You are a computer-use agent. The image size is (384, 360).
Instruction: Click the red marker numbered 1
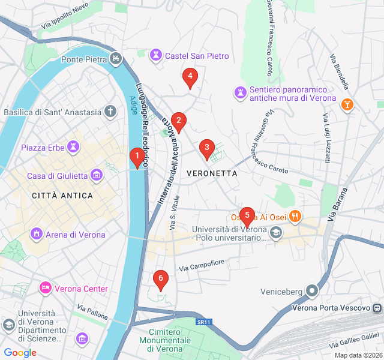click(137, 158)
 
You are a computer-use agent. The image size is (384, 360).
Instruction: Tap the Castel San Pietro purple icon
click(157, 56)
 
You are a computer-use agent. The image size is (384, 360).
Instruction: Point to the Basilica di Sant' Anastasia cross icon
click(110, 112)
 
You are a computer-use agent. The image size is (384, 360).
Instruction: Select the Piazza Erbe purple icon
click(74, 147)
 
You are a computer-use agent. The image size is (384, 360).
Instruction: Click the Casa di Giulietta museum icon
click(97, 175)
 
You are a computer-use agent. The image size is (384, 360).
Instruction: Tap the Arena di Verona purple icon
click(37, 234)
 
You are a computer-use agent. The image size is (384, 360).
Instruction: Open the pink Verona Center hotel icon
click(46, 289)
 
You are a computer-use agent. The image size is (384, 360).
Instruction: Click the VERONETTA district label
click(212, 173)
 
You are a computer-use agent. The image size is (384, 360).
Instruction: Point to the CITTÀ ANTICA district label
click(62, 196)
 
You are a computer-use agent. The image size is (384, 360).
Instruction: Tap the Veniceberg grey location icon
click(312, 292)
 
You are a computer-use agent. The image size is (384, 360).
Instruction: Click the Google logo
click(20, 353)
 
